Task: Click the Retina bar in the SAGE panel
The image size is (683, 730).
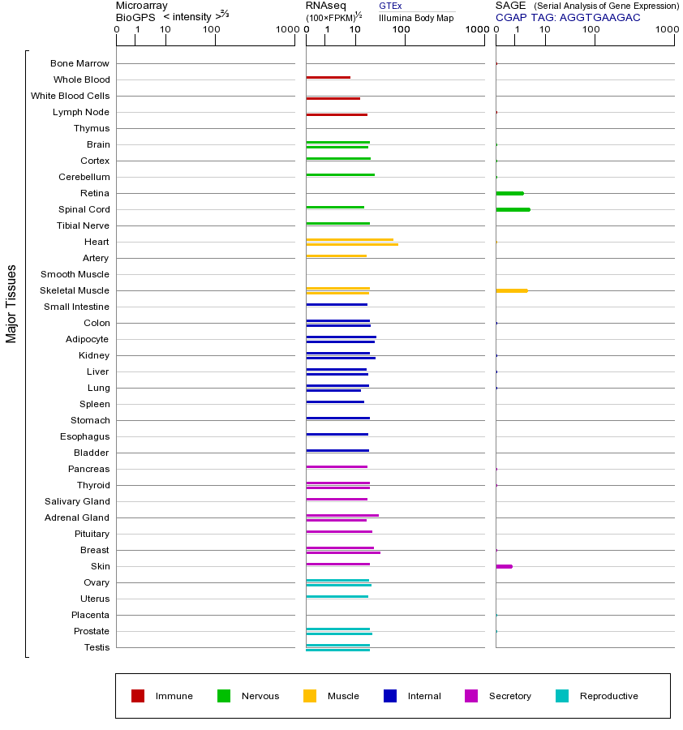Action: pos(509,193)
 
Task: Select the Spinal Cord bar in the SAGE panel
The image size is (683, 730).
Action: pos(513,209)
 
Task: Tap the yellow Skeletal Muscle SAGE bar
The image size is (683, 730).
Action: pos(511,290)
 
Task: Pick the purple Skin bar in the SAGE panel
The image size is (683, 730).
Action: pos(504,566)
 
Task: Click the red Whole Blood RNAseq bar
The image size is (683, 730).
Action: pos(328,78)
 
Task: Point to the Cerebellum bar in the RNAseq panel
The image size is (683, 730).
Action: pos(340,174)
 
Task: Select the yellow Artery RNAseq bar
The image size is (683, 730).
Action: pos(336,256)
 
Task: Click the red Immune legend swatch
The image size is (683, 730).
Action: pos(138,696)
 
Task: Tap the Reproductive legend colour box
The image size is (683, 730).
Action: pos(562,696)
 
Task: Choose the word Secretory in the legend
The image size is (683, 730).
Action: pos(509,696)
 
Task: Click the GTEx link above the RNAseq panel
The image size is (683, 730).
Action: pos(390,6)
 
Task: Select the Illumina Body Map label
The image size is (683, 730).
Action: pos(416,18)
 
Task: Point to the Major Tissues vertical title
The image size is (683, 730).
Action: pos(11,303)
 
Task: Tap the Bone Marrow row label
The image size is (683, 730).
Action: pos(79,63)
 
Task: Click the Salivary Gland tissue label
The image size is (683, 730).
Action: pos(79,501)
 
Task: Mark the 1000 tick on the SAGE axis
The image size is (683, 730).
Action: pos(667,31)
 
